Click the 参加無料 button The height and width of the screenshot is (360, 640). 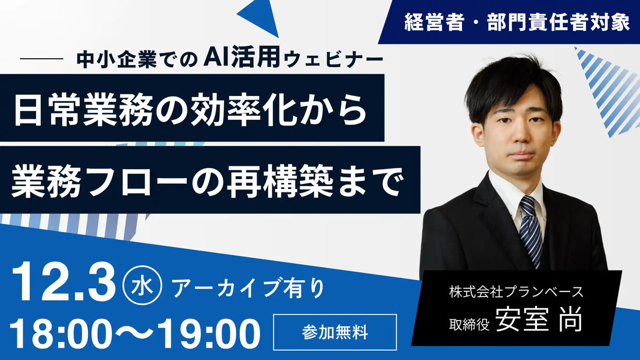[335, 332]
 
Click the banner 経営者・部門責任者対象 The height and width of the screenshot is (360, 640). [517, 22]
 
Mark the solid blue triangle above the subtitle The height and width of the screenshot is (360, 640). [262, 16]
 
